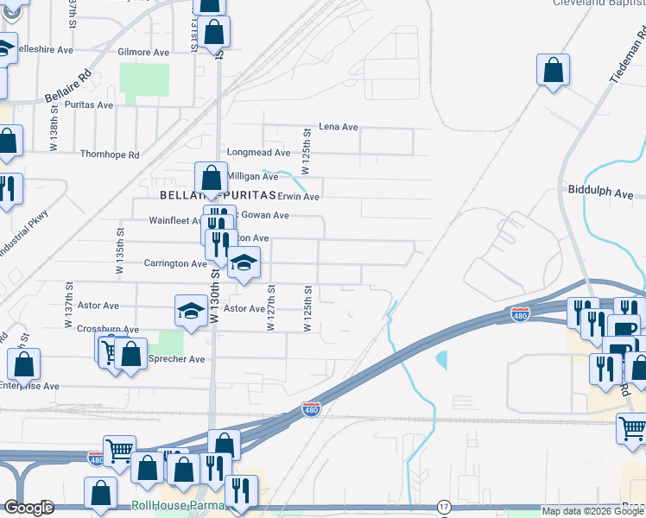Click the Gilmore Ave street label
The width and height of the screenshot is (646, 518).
click(x=143, y=53)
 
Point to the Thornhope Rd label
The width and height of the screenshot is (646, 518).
click(x=110, y=155)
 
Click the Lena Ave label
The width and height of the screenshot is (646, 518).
click(x=339, y=127)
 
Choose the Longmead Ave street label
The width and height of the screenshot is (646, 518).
click(x=256, y=152)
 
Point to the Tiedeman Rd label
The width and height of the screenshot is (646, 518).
click(x=627, y=56)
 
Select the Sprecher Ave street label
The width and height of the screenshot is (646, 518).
click(x=178, y=359)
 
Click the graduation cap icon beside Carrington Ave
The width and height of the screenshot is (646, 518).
click(x=244, y=263)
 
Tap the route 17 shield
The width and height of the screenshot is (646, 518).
click(x=444, y=505)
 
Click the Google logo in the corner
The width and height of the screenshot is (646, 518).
click(x=28, y=508)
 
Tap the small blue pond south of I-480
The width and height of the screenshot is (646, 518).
click(x=442, y=358)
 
